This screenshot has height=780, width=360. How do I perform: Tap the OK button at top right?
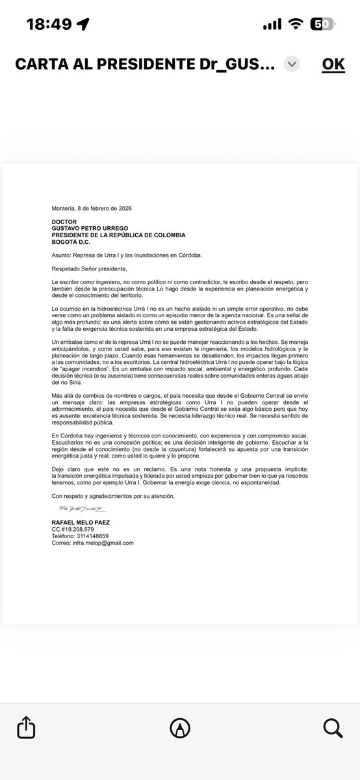coord(333,64)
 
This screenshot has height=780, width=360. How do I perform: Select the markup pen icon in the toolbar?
coord(180,726)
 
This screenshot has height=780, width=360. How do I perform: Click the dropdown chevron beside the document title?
coord(292,64)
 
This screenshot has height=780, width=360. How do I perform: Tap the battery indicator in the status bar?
coord(323,23)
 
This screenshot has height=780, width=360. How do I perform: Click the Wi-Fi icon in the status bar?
coord(296,23)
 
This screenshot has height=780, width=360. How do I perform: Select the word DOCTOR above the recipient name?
coord(64,222)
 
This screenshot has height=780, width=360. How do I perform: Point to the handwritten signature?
coord(77,508)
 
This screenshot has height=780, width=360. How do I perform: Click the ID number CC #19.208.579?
coord(74,530)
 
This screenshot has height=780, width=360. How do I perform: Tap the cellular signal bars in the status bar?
coord(273,23)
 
